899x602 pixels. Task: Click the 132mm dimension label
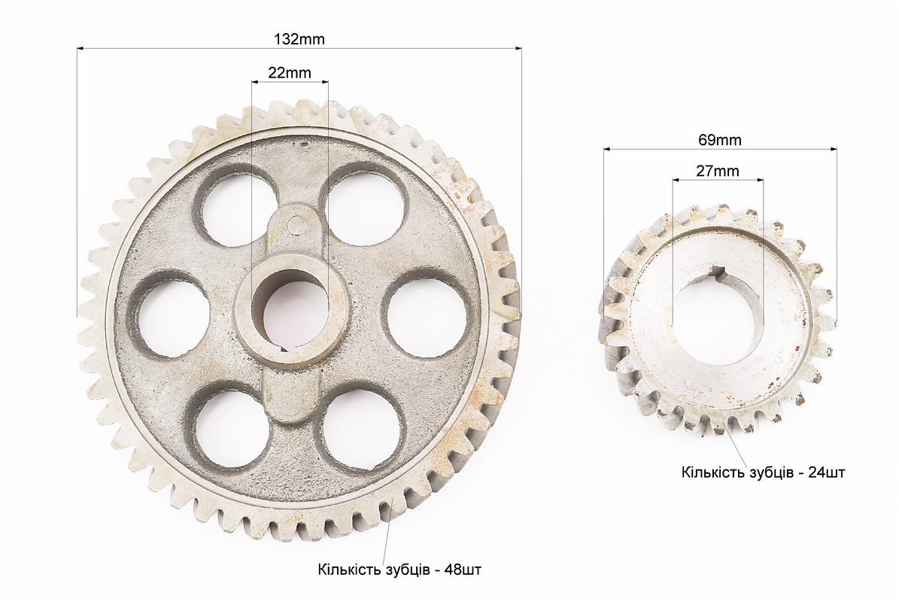pyautogui.click(x=299, y=39)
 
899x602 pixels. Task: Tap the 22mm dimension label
pyautogui.click(x=290, y=73)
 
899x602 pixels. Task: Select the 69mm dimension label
pyautogui.click(x=719, y=140)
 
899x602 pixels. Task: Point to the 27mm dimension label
pyautogui.click(x=718, y=171)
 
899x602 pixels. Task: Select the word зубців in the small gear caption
pyautogui.click(x=770, y=473)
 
